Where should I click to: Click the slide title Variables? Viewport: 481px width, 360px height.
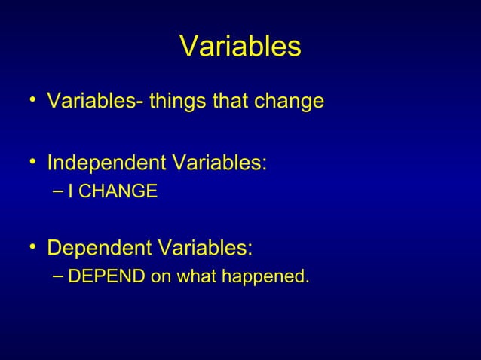(240, 47)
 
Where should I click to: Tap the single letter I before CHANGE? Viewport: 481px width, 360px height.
(70, 193)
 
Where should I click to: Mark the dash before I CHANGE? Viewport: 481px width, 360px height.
(59, 193)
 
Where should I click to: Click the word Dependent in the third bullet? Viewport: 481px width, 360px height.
(97, 248)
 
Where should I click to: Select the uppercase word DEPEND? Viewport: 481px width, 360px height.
(106, 277)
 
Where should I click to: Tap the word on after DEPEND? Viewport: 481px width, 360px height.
(161, 277)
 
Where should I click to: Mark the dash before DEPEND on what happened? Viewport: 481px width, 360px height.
(59, 277)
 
